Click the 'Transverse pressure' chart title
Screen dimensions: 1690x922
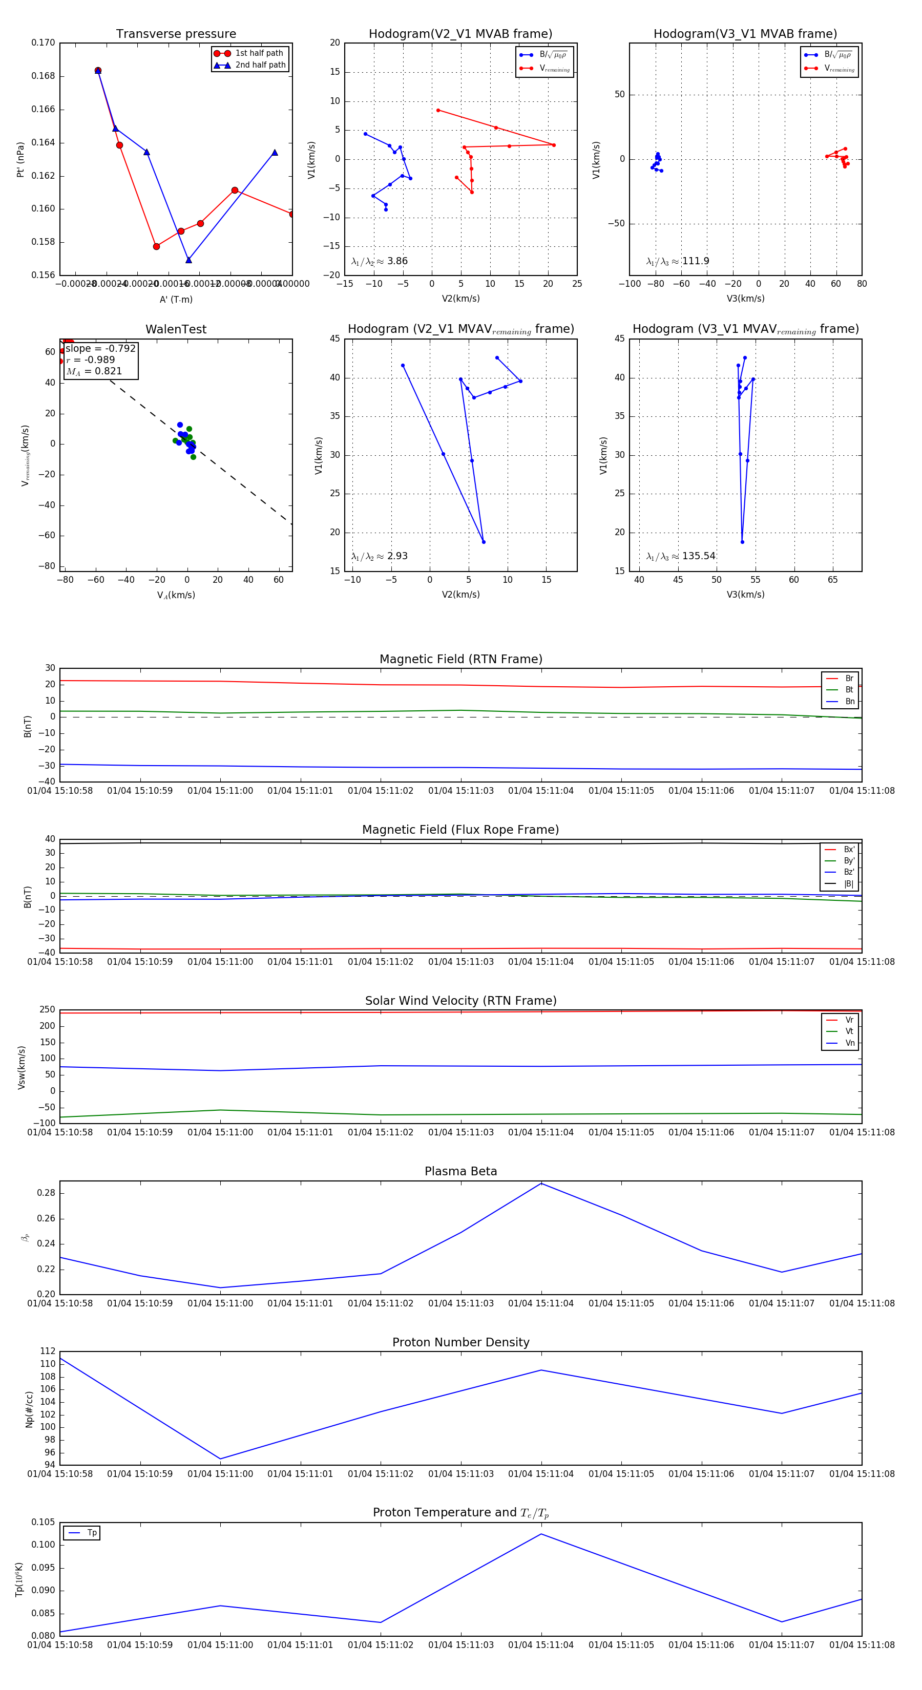pos(176,34)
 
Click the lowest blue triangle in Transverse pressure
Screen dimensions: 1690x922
pos(188,260)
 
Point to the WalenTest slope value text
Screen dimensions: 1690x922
pos(100,348)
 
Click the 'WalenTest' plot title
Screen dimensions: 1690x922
pos(176,329)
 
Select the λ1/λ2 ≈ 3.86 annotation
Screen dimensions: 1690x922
pos(379,261)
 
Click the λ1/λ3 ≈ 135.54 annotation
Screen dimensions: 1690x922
pos(681,556)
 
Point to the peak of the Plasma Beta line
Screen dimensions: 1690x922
pos(541,1183)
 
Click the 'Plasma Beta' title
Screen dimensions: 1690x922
pos(460,1171)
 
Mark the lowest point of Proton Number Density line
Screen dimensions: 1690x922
pos(220,1459)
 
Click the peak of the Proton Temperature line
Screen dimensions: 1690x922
pos(541,1534)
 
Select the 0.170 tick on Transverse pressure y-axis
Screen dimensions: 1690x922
pos(44,43)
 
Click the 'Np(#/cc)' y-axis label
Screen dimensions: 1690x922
pos(29,1409)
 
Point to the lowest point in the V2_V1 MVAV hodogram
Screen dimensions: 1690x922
pos(484,542)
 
